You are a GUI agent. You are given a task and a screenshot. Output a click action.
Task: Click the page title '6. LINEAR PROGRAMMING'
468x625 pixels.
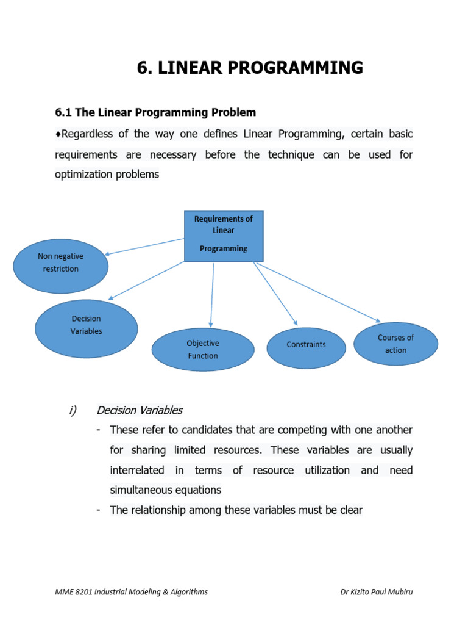pos(250,68)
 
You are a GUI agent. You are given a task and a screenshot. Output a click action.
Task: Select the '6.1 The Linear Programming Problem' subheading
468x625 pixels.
pos(155,113)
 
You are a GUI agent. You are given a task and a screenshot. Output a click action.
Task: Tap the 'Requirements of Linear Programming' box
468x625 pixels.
pos(224,236)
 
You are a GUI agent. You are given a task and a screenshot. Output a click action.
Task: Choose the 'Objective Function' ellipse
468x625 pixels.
pos(203,350)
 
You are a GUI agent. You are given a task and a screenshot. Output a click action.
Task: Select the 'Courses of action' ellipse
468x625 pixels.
pos(395,344)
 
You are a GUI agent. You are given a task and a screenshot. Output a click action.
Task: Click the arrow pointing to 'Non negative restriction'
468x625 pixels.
pos(144,246)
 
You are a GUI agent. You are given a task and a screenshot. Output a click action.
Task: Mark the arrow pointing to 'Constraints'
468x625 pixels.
pos(275,294)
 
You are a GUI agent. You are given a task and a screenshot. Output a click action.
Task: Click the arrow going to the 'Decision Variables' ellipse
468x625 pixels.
pos(146,281)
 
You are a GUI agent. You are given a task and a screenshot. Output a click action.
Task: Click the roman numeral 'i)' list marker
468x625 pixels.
pos(71,410)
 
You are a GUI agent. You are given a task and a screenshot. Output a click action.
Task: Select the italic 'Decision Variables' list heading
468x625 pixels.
pos(140,410)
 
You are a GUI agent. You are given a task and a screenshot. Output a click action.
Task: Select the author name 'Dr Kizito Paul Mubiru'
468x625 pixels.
pos(376,591)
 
